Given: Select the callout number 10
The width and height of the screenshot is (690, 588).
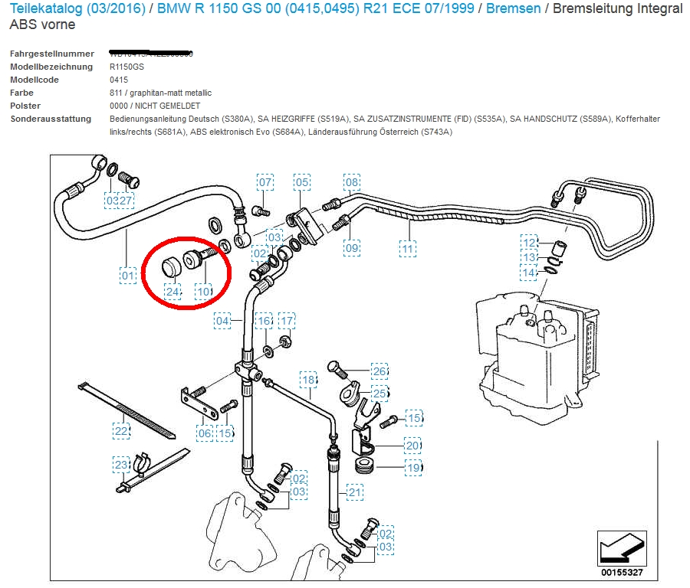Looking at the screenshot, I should pos(203,291).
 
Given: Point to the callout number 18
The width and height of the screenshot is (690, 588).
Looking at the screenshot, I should pos(308,380).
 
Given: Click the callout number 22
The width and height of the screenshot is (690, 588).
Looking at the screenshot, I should pos(121,431).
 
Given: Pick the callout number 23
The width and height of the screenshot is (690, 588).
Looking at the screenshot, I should pos(121,464).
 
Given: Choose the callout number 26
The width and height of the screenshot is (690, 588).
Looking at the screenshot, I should pos(379,372).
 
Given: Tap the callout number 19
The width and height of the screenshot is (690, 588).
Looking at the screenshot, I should pos(413,467).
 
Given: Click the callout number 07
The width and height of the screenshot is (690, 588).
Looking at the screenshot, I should pos(264,182).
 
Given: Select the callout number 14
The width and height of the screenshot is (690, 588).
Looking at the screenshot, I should pos(529,273).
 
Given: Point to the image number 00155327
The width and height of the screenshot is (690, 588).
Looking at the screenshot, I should pos(622,572).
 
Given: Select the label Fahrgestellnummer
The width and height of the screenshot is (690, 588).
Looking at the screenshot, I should pos(52,54).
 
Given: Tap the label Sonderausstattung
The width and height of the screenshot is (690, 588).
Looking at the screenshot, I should pos(51,119).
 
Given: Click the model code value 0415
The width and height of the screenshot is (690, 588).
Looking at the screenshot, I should pos(119,80).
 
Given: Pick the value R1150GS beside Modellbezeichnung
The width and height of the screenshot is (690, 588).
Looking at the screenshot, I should pos(127,67).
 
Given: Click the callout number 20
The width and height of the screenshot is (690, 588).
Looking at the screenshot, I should pos(413,446).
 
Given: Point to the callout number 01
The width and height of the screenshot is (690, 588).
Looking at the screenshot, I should pos(127,274).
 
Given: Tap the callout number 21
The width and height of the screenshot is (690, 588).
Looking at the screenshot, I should pos(354,492).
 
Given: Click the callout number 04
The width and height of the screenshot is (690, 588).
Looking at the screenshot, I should pos(222,321).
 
